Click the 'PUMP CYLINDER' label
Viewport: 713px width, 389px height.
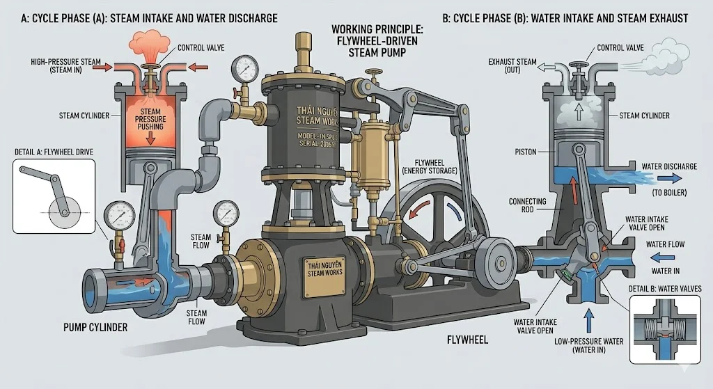(95, 326)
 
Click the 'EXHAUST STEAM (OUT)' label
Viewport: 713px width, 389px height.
(512, 66)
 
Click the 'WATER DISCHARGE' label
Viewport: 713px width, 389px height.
(668, 167)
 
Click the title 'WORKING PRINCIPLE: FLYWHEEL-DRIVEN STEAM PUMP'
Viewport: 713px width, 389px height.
(377, 40)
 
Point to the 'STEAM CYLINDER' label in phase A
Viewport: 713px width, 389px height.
(85, 116)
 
